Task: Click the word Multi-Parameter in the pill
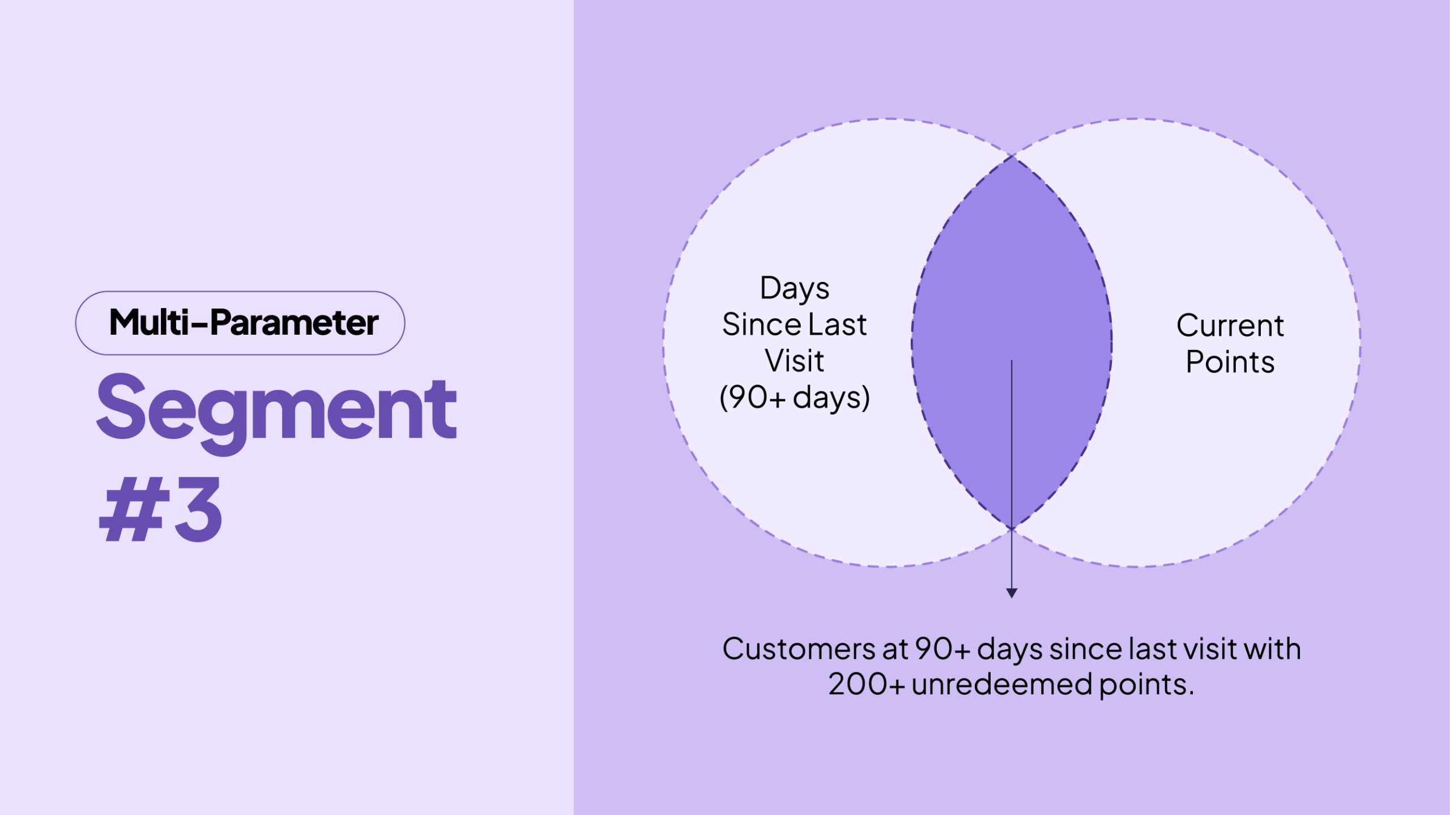coord(243,323)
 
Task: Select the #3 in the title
coord(161,509)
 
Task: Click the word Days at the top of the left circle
coord(794,289)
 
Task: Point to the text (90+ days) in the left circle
coord(794,398)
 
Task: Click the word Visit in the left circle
coord(794,361)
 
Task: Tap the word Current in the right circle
coord(1230,326)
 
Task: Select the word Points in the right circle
coord(1230,362)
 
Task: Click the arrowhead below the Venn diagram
coord(1012,592)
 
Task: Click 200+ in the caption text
coord(866,684)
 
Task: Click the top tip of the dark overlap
coord(1012,158)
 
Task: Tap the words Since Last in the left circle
coord(794,325)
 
